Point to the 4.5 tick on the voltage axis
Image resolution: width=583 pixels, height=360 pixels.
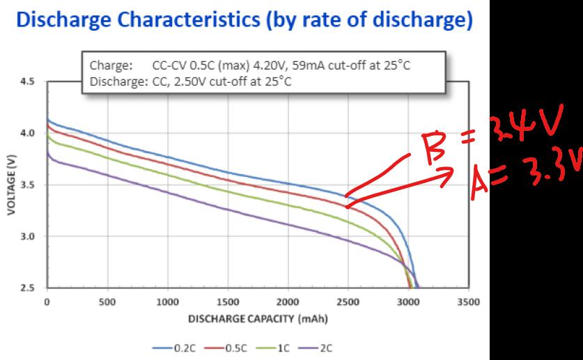(28, 82)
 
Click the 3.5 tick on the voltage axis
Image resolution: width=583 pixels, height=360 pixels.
(28, 185)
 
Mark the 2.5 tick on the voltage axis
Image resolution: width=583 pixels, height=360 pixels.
(28, 288)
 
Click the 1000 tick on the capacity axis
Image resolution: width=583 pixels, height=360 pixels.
(167, 303)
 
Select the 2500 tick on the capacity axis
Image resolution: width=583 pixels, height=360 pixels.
(348, 303)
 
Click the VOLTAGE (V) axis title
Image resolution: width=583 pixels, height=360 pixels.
(12, 185)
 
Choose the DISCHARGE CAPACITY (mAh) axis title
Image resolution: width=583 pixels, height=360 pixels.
(257, 320)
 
